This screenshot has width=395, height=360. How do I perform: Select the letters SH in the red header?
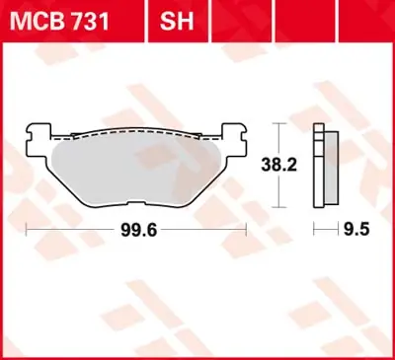click(x=177, y=22)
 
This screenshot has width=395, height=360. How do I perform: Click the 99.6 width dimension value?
click(x=139, y=230)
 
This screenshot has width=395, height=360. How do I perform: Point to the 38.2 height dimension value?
click(x=279, y=165)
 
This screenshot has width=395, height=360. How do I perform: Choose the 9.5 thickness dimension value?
click(x=356, y=229)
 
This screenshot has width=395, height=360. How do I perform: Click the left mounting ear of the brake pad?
click(x=39, y=139)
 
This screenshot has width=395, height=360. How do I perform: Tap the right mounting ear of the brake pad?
click(x=234, y=139)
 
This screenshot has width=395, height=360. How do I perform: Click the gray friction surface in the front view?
click(x=136, y=172)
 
